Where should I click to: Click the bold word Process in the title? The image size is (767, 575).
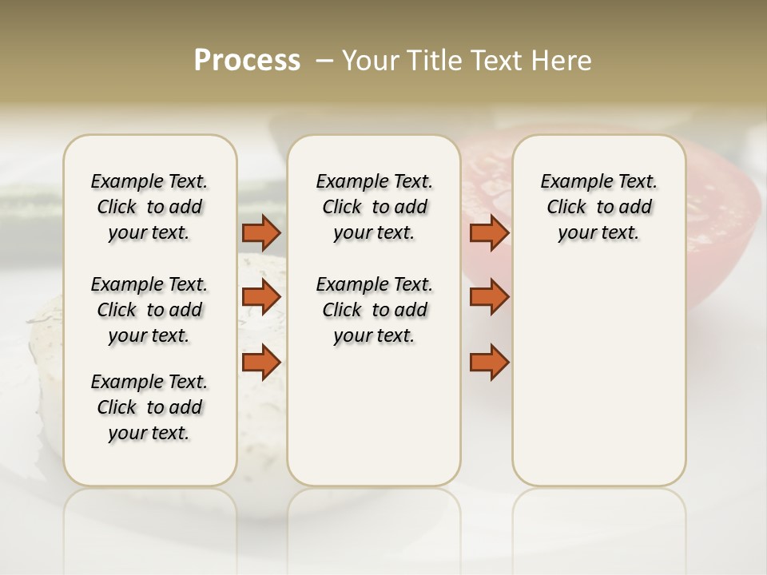[x=247, y=61]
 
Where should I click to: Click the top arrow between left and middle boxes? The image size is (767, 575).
[x=261, y=232]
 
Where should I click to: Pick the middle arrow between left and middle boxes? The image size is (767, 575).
[x=261, y=297]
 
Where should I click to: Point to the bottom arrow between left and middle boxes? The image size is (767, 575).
[x=261, y=363]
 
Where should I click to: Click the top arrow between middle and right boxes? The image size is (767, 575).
[x=489, y=232]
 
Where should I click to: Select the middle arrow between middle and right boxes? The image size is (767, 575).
[x=489, y=297]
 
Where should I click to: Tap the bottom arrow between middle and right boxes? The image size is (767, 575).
[x=489, y=363]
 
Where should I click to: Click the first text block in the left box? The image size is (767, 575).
[x=149, y=207]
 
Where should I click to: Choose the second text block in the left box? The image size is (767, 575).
[x=149, y=310]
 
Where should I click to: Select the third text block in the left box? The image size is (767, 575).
[x=149, y=407]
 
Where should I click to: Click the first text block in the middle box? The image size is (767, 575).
[x=374, y=207]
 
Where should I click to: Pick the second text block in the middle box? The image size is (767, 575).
[x=374, y=310]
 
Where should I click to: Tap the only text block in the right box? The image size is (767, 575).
[x=598, y=207]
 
